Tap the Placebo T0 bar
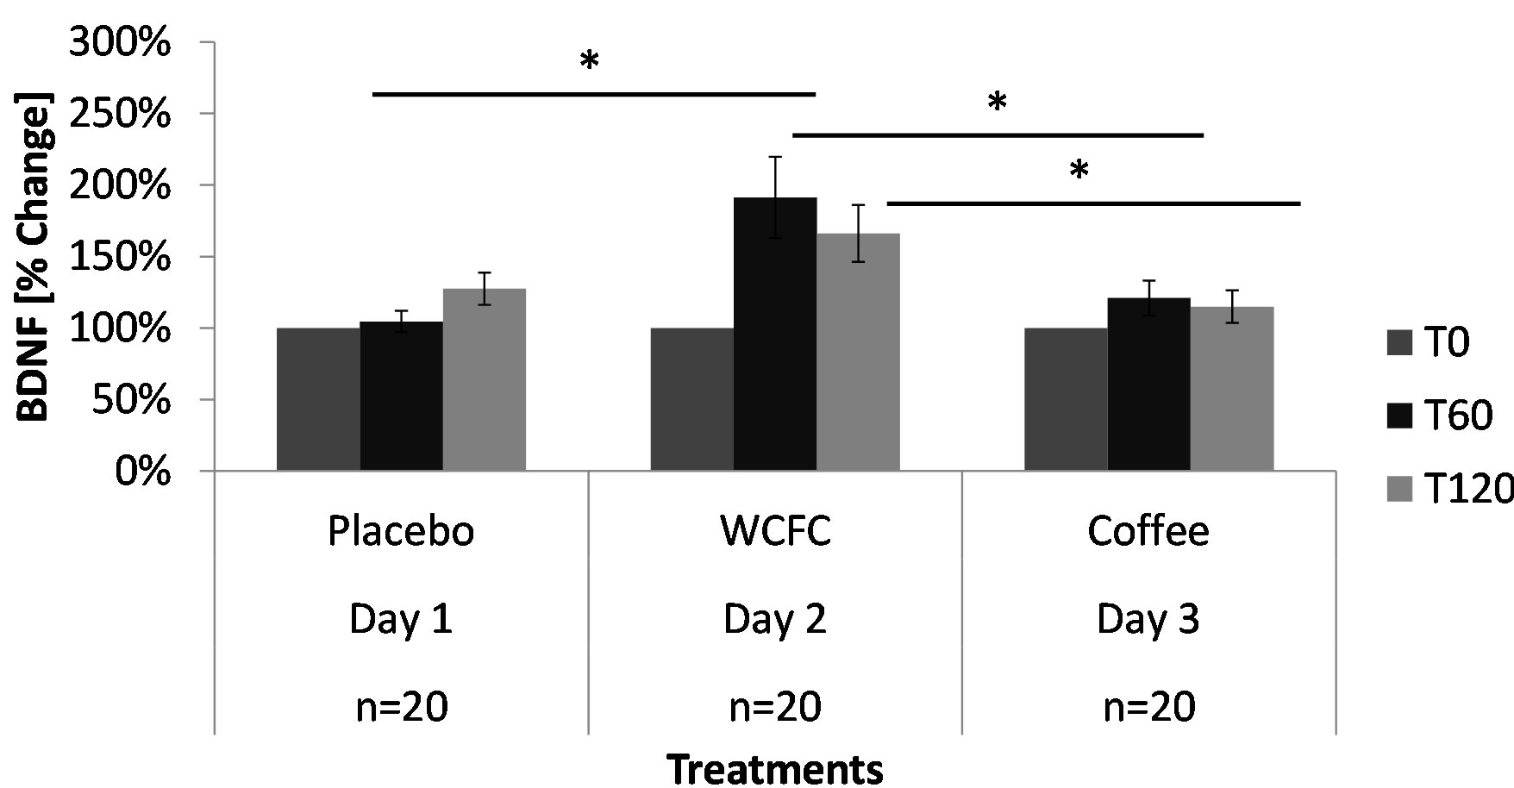click(x=318, y=399)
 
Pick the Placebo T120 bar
click(x=485, y=380)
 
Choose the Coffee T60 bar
click(x=1148, y=385)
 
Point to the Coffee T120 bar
click(x=1231, y=389)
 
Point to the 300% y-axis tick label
click(x=120, y=43)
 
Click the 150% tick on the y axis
click(x=120, y=257)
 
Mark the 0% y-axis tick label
click(x=145, y=472)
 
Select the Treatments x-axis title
click(x=775, y=769)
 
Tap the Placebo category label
click(x=401, y=531)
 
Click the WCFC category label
click(x=775, y=531)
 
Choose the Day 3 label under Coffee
click(x=1148, y=619)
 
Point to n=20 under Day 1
click(x=401, y=707)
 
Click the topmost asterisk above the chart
click(x=590, y=62)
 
